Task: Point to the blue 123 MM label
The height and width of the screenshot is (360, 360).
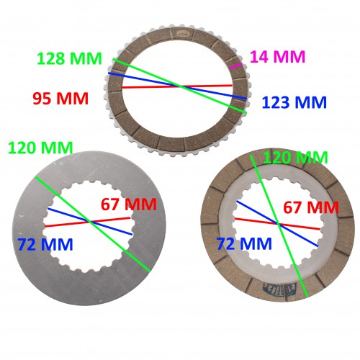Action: [x=295, y=103]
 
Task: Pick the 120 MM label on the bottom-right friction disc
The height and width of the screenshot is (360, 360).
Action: [x=295, y=157]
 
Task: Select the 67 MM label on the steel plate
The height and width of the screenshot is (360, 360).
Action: [x=128, y=204]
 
